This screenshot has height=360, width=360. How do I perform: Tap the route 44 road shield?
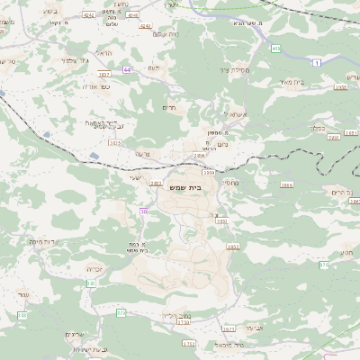tap(128, 69)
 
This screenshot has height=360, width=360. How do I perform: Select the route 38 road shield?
tap(143, 211)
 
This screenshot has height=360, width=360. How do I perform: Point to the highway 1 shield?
tap(317, 61)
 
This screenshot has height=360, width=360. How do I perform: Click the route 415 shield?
tap(275, 49)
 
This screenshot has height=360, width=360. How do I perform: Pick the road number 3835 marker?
tap(114, 142)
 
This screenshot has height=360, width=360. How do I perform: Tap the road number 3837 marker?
tap(103, 74)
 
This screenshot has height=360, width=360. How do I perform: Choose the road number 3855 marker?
tap(233, 247)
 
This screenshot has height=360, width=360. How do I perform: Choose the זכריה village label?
tap(97, 269)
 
